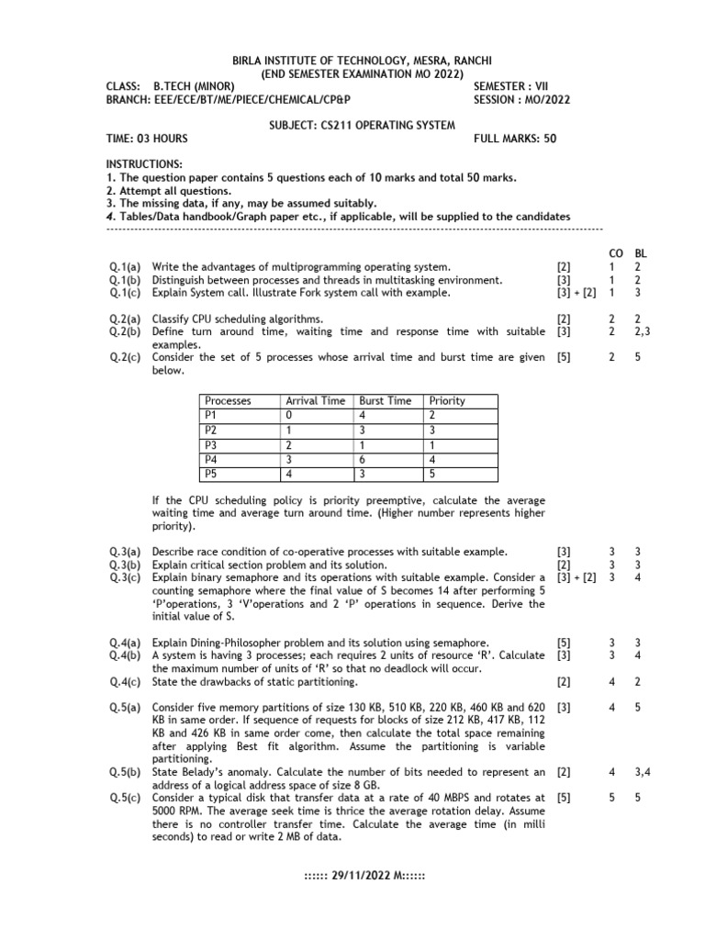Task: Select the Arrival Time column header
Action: (316, 400)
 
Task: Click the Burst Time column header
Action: (385, 400)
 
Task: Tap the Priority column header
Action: (447, 400)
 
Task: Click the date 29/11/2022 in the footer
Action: (364, 875)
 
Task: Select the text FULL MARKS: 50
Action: (515, 139)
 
